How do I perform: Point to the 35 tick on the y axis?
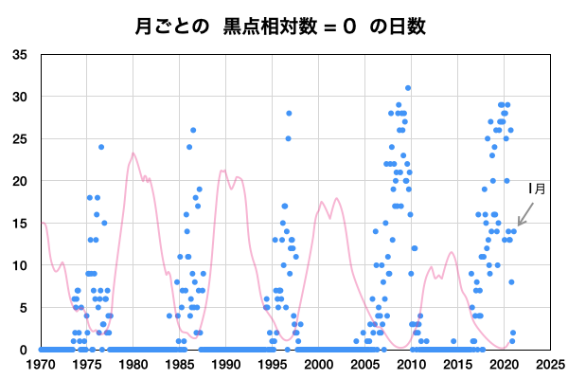pyautogui.click(x=20, y=54)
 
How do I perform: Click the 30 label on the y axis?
pyautogui.click(x=20, y=97)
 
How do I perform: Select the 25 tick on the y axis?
pyautogui.click(x=20, y=138)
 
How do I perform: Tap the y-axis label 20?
pyautogui.click(x=20, y=181)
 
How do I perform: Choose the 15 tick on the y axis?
pyautogui.click(x=20, y=223)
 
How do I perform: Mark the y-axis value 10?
pyautogui.click(x=20, y=265)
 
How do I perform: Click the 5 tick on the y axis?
pyautogui.click(x=24, y=307)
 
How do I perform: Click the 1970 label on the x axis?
pyautogui.click(x=41, y=363)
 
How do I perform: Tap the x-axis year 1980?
pyautogui.click(x=133, y=363)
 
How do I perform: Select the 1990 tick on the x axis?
pyautogui.click(x=226, y=363)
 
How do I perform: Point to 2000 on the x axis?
pyautogui.click(x=319, y=363)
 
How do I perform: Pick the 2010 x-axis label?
pyautogui.click(x=412, y=363)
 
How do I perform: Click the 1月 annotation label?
pyautogui.click(x=537, y=189)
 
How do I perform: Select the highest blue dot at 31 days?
pyautogui.click(x=408, y=88)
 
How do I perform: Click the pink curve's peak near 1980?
pyautogui.click(x=133, y=153)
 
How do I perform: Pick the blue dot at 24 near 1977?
pyautogui.click(x=101, y=147)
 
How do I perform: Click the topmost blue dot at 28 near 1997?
pyautogui.click(x=289, y=114)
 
